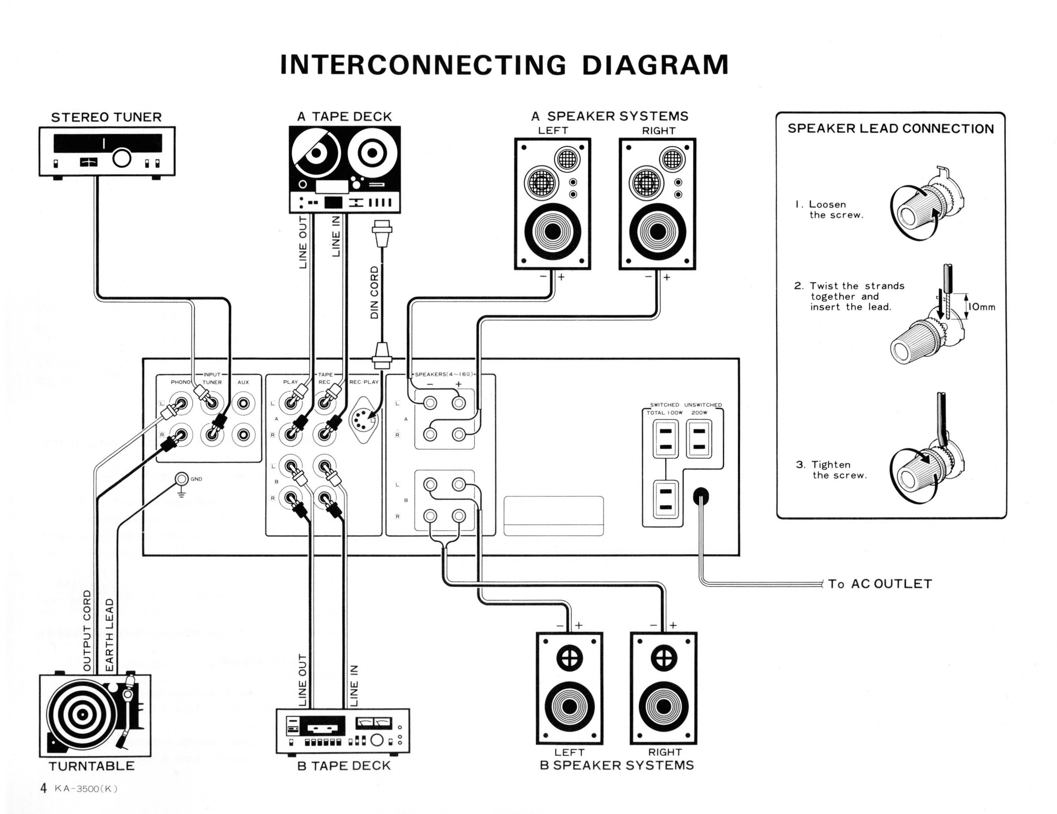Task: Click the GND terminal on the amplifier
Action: click(182, 479)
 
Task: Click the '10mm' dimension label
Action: click(981, 307)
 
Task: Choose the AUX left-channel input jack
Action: click(243, 403)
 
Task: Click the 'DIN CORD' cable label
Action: click(375, 293)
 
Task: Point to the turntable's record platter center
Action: click(82, 714)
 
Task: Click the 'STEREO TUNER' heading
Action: click(106, 117)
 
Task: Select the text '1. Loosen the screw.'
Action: click(830, 209)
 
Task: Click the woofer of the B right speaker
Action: click(664, 707)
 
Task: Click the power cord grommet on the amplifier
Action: click(701, 496)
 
